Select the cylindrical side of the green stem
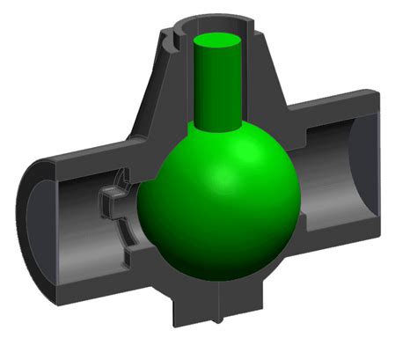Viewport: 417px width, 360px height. coord(216,88)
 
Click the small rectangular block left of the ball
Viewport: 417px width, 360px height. coord(113,198)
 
